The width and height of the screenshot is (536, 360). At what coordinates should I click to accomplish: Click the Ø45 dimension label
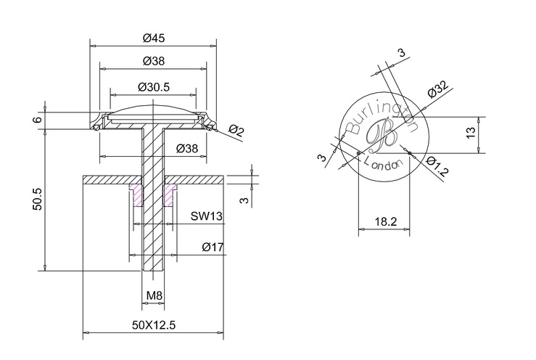[154, 38]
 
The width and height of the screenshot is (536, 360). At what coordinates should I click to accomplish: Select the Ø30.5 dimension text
[154, 87]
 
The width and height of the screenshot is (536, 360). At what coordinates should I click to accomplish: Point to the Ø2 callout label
[236, 131]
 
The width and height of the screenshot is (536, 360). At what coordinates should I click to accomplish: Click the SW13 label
[207, 216]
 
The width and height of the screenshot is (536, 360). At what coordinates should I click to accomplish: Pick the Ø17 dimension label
[213, 247]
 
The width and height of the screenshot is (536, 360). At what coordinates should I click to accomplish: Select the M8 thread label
[154, 295]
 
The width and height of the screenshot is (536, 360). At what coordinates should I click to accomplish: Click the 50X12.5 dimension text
[154, 324]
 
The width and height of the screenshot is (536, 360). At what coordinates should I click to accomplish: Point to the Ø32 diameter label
[437, 89]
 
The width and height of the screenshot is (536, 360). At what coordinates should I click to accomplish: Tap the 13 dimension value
[471, 132]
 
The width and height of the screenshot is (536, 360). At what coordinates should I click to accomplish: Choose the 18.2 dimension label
[386, 221]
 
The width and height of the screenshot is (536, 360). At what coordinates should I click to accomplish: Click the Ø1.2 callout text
[437, 166]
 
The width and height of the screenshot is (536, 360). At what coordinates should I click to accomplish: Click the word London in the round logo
[382, 163]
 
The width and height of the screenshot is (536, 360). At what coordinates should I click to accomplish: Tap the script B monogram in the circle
[382, 136]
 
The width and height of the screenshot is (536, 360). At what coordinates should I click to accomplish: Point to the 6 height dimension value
[38, 120]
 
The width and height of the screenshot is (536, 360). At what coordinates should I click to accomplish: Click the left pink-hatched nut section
[137, 195]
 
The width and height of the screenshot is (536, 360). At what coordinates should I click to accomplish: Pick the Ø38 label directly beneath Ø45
[154, 61]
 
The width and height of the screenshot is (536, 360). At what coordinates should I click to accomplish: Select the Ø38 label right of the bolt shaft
[187, 149]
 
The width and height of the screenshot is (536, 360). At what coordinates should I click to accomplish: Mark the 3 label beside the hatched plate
[244, 200]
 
